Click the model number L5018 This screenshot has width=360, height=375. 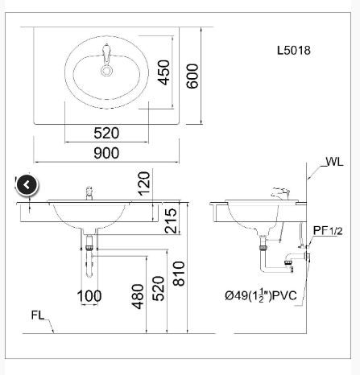coord(293,50)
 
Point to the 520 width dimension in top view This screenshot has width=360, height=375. coord(106,133)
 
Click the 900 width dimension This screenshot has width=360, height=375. coord(106,153)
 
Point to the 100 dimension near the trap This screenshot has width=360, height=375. coord(89,296)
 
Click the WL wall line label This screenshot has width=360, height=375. coord(333,162)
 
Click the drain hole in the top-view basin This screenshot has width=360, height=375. coord(106,69)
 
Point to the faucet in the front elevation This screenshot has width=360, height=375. coord(89,193)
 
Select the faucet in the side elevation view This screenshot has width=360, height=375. coord(279,194)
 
